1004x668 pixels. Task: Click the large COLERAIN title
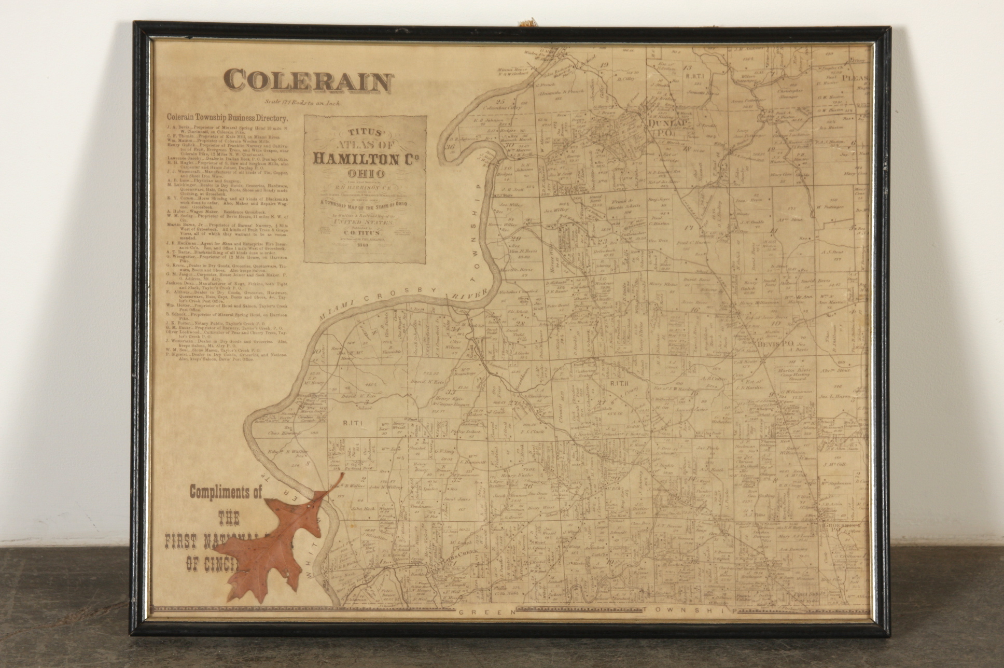point(309,81)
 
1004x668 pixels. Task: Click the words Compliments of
point(226,491)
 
